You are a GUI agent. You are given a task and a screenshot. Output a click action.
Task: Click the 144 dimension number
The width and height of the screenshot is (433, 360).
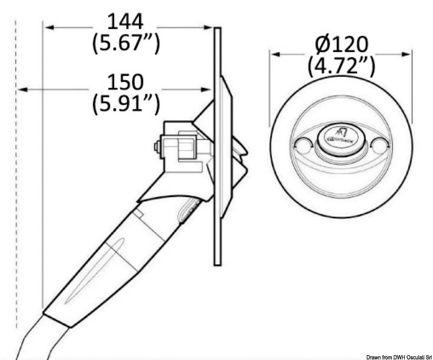tap(126, 22)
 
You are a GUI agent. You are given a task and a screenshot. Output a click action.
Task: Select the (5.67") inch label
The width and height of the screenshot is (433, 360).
tap(126, 43)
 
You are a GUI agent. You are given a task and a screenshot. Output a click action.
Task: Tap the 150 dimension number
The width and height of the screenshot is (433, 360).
tap(126, 82)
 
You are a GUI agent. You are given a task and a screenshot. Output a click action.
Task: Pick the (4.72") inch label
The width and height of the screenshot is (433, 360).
tap(341, 65)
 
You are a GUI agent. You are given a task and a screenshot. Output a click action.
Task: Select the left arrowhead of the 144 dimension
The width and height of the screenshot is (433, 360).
tap(49, 27)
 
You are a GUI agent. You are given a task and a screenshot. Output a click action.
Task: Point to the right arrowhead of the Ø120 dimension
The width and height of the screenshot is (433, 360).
tap(408, 54)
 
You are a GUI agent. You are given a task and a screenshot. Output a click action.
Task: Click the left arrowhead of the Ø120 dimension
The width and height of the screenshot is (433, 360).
tap(274, 54)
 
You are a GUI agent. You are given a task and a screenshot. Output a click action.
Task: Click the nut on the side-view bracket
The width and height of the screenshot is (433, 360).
tap(156, 147)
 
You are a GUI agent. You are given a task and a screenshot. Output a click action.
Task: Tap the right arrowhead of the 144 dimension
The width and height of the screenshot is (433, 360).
tap(209, 27)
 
